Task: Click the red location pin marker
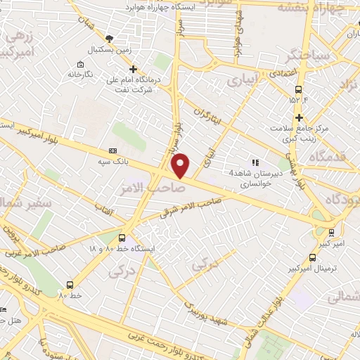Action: pos(181,165)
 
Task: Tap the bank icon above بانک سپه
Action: pos(112,151)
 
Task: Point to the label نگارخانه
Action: pos(80,72)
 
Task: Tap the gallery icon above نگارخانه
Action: pos(80,60)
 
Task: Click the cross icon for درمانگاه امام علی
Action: pos(134,68)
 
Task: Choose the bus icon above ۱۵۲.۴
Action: pos(299,89)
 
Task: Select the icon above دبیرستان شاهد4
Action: pos(255,162)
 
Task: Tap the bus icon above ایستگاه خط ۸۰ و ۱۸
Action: pos(122,238)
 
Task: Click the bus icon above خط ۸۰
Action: pos(70,285)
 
